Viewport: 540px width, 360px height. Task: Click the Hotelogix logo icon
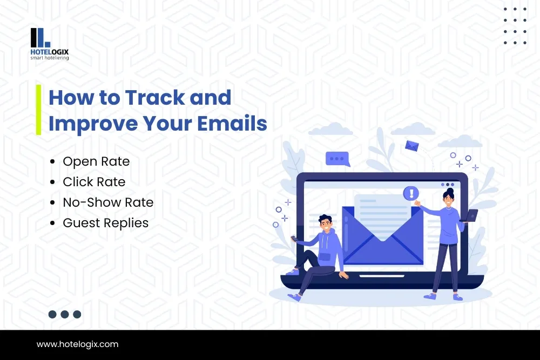(x=40, y=38)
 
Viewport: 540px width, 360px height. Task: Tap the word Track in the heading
(x=155, y=97)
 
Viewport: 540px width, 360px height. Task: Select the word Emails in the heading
(x=232, y=123)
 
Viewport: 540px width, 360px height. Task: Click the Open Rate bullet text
(x=96, y=162)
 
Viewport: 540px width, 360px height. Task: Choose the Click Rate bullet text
(x=94, y=182)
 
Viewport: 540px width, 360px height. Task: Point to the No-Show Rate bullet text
(x=108, y=202)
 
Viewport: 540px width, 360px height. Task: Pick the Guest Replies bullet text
(x=106, y=223)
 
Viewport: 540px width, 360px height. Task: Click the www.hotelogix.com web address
(x=77, y=344)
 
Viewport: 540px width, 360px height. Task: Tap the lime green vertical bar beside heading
(x=38, y=110)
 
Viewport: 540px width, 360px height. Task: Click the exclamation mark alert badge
(x=411, y=193)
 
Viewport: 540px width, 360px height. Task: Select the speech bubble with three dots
(x=337, y=159)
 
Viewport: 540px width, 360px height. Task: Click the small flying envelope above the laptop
(x=412, y=146)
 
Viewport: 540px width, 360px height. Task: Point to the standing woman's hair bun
(x=450, y=191)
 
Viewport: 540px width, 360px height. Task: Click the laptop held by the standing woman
(x=469, y=215)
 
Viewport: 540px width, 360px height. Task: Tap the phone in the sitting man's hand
(x=294, y=238)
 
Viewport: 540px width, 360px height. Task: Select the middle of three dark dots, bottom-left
(x=65, y=314)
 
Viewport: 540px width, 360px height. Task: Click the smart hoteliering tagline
(x=50, y=58)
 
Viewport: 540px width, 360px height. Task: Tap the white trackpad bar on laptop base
(x=382, y=276)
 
